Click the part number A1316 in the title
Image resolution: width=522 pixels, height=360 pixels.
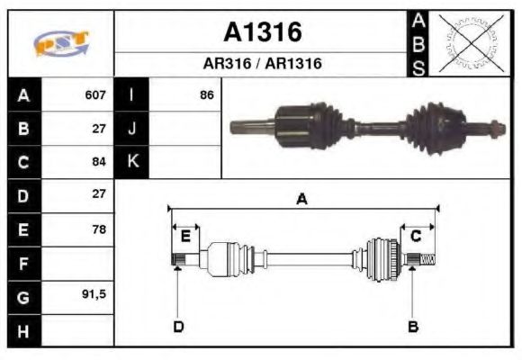[x=262, y=33]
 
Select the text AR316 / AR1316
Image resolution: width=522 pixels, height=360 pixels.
[x=262, y=64]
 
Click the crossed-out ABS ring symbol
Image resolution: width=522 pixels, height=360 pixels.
[x=470, y=42]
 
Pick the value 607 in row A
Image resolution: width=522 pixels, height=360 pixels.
[x=95, y=94]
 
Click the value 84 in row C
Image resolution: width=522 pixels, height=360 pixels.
[x=99, y=162]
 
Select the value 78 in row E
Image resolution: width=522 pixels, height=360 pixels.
[x=99, y=229]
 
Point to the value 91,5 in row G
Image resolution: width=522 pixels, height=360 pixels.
[x=94, y=295]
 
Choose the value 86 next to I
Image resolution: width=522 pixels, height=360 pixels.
[x=207, y=94]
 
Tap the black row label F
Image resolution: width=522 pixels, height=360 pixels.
[x=23, y=263]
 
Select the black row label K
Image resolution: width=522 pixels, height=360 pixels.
[x=131, y=162]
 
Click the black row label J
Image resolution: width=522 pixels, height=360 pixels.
[x=131, y=128]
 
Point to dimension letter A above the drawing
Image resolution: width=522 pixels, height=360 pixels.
[x=302, y=199]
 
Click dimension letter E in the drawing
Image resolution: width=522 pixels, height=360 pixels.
[x=185, y=237]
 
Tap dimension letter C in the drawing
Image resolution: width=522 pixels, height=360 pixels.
[x=416, y=236]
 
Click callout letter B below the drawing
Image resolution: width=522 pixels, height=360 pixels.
[x=413, y=326]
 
